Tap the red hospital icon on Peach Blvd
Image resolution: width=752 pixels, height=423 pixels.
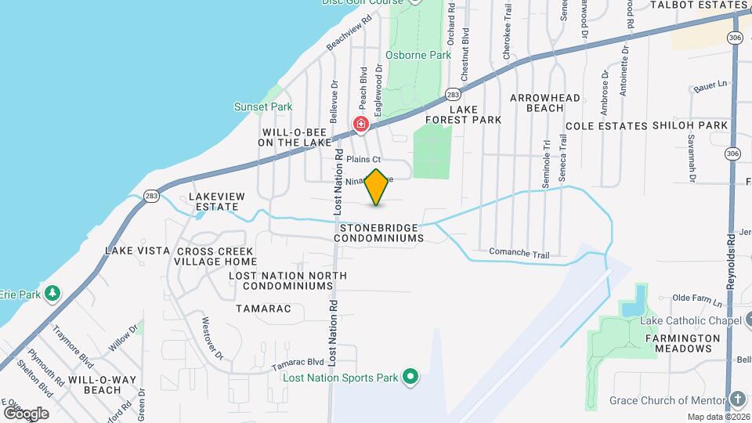(360, 124)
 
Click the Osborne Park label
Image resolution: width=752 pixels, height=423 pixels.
(418, 56)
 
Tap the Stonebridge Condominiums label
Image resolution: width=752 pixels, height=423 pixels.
(381, 232)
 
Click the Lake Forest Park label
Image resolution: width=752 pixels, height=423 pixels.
(463, 114)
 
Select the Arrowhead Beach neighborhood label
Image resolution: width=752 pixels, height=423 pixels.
(545, 103)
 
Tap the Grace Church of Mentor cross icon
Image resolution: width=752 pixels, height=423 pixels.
(738, 400)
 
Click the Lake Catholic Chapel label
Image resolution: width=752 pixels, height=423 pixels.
(690, 321)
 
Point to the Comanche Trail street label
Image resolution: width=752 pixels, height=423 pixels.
(519, 254)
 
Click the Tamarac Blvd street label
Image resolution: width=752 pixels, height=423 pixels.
(298, 363)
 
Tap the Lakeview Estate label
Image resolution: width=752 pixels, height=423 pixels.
(217, 201)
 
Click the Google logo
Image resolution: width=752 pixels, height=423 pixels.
(26, 413)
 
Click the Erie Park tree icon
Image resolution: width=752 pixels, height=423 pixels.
(52, 294)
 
